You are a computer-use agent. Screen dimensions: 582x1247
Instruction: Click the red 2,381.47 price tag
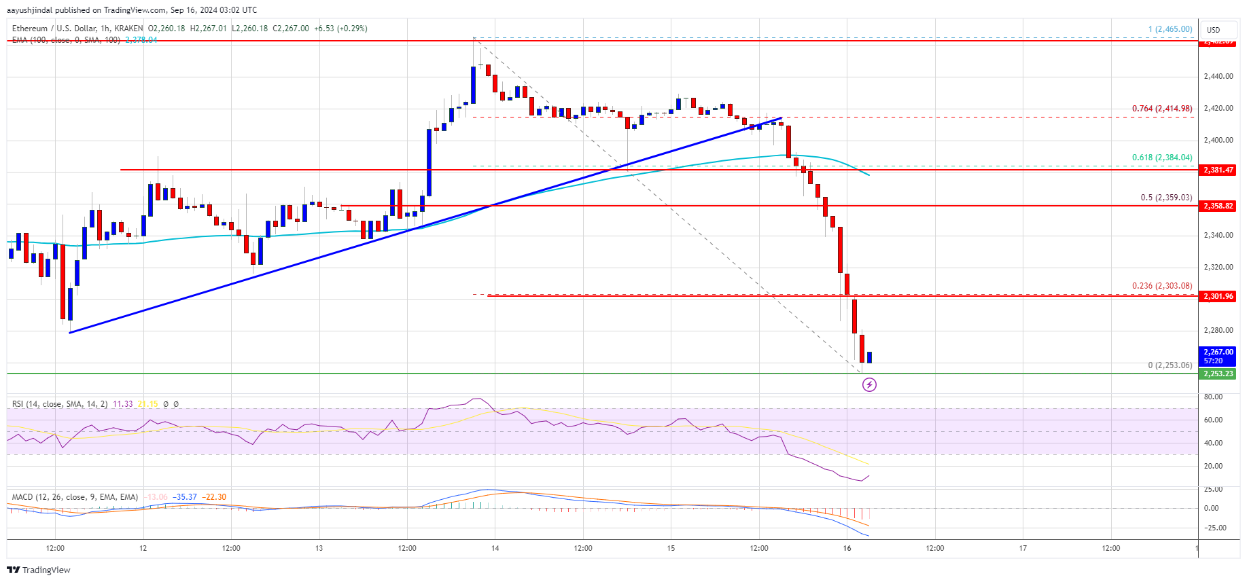(1218, 170)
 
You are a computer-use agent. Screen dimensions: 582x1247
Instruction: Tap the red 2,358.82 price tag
(1218, 206)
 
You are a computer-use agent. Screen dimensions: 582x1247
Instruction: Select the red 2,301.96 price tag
(1218, 296)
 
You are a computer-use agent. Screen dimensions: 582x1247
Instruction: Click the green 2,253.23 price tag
(1218, 374)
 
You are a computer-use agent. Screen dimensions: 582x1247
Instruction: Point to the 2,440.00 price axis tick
(1218, 77)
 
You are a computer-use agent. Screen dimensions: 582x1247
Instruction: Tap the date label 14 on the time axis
(495, 548)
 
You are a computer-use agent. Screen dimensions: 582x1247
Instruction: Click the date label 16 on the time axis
(847, 548)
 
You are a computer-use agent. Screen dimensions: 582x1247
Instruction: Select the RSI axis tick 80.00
(1213, 397)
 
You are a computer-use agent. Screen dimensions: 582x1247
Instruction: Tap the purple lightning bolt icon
(869, 385)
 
